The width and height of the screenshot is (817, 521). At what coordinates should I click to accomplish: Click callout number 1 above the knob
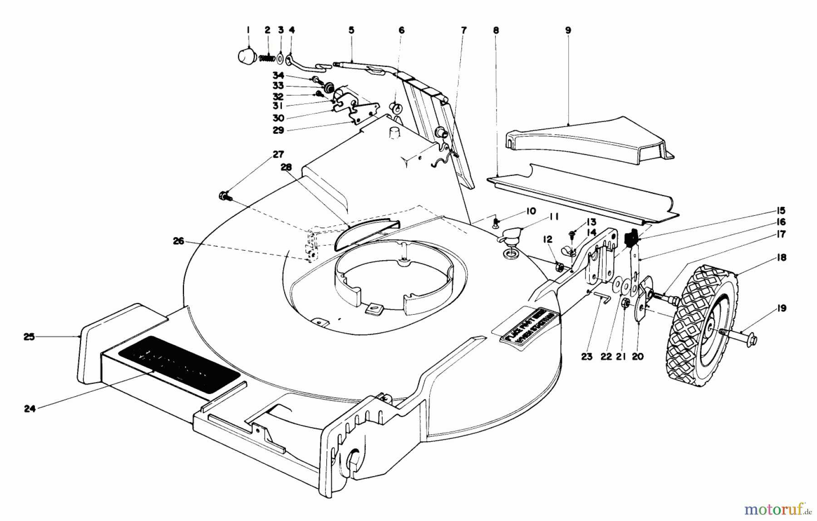point(248,30)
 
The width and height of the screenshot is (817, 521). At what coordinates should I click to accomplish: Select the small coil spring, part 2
point(267,58)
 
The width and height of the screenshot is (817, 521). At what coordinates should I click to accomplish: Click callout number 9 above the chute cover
point(568,30)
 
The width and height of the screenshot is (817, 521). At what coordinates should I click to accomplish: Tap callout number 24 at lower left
point(30,409)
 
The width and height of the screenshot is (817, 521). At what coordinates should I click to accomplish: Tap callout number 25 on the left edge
point(29,337)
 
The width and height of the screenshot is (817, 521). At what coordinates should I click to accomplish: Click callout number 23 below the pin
point(587,356)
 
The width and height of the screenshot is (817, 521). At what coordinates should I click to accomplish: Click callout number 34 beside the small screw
point(278,75)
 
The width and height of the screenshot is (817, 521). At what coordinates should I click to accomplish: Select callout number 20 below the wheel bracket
point(637,357)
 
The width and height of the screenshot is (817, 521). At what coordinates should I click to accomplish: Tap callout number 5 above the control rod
point(351,30)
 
